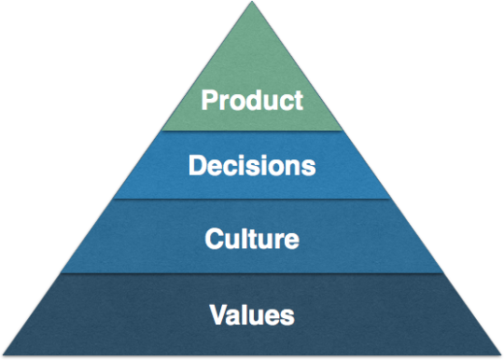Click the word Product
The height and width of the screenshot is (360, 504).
252,99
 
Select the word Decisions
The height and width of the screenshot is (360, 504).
252,167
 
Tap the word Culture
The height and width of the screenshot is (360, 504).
252,239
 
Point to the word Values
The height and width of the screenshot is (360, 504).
252,313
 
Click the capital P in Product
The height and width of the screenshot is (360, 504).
211,99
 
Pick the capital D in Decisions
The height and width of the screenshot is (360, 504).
197,167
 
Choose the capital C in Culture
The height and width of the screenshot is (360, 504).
214,239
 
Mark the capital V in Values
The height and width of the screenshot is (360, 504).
217,313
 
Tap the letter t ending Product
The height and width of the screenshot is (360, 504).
298,100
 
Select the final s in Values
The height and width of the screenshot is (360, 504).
288,315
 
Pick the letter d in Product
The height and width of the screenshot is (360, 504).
256,99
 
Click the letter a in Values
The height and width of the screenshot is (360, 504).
234,315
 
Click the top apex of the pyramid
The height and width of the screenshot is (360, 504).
252,3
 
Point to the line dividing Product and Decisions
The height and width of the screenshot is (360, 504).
252,132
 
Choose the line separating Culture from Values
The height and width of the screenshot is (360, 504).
252,273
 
